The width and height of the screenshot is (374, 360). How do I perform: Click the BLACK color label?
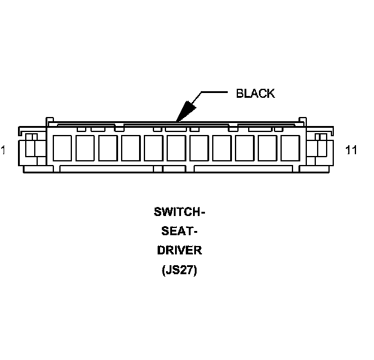coord(255,93)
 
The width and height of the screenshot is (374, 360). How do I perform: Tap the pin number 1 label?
coord(4,150)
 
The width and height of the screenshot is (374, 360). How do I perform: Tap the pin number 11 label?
coord(351,150)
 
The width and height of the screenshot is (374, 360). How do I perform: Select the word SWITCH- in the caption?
coord(179,212)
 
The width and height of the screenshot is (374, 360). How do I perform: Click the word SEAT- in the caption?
coord(179,231)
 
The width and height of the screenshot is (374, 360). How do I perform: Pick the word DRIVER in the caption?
coord(179,250)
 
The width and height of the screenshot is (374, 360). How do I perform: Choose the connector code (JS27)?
coord(179,270)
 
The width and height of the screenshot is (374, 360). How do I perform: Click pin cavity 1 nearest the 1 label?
coord(62,148)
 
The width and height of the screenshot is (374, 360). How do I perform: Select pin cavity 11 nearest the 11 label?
coord(290,148)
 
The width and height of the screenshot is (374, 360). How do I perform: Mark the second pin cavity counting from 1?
coord(85,148)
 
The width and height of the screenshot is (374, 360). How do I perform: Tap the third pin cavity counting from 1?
coord(108,148)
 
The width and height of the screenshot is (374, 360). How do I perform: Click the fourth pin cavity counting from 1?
coord(131,148)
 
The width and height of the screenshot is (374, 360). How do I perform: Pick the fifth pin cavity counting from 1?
coord(153,148)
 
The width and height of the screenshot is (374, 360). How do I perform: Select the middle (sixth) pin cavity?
coord(176,148)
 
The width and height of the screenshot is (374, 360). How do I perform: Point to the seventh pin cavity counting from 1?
coord(199,148)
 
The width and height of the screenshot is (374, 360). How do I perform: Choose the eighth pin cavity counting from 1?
coord(222,148)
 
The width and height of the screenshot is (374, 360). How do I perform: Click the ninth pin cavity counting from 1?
coord(245,148)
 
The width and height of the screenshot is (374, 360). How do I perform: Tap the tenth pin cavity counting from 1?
coord(267,148)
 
